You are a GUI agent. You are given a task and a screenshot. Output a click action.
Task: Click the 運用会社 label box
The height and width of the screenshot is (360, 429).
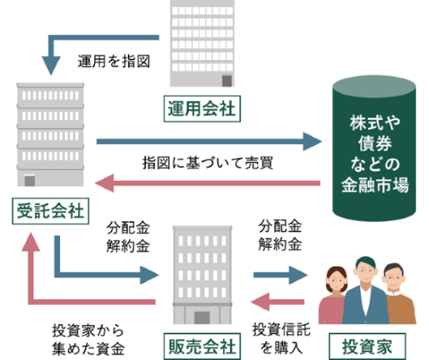click(201, 107)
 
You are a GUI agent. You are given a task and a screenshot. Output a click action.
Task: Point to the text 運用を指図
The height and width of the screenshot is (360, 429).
click(114, 63)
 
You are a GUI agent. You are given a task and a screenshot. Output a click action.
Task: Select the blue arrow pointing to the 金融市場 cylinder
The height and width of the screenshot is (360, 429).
click(207, 140)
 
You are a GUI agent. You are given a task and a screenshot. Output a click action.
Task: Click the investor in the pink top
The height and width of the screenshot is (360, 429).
click(334, 297)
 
